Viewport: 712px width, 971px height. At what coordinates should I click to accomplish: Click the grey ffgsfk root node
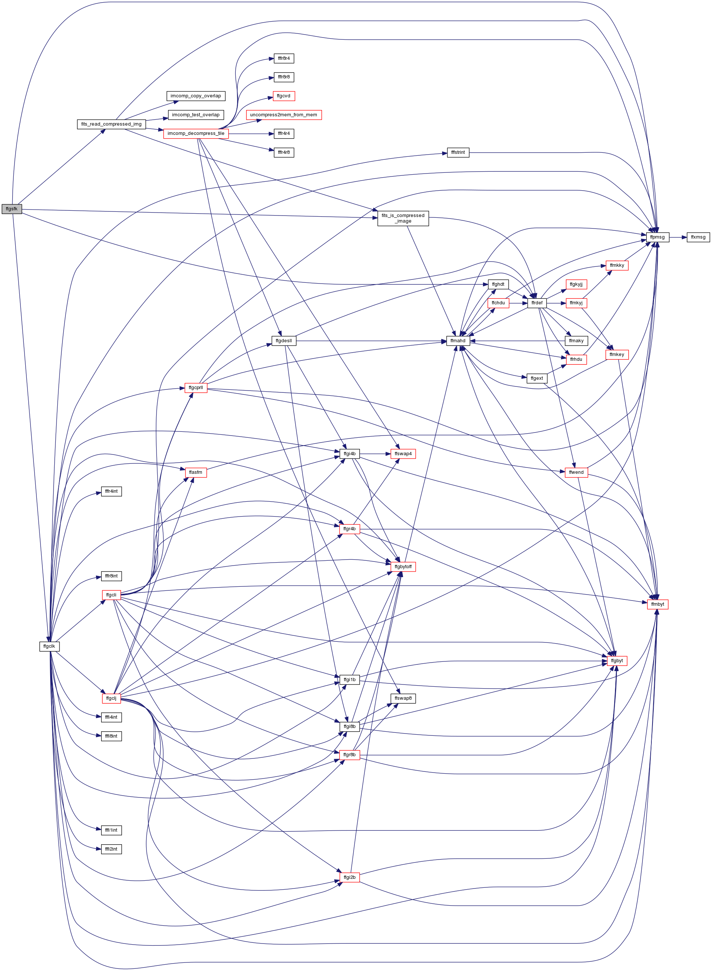[x=12, y=209]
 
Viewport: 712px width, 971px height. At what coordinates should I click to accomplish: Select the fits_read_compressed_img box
[x=111, y=124]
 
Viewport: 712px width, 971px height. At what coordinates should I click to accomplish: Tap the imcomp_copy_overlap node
[x=196, y=96]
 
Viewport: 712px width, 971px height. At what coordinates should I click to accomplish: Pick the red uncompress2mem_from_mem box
[x=284, y=115]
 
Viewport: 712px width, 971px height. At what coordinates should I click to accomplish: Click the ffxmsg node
[x=698, y=237]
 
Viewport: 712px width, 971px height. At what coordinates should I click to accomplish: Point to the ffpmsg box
[x=658, y=237]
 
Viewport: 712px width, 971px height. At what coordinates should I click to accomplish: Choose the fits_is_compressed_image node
[x=403, y=219]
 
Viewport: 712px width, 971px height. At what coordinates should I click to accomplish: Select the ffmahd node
[x=458, y=341]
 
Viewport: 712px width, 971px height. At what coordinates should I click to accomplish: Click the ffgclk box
[x=49, y=646]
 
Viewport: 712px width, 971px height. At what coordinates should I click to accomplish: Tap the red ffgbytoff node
[x=403, y=566]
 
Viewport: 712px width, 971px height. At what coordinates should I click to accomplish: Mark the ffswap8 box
[x=403, y=698]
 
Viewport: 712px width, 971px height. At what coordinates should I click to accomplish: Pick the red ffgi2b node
[x=349, y=877]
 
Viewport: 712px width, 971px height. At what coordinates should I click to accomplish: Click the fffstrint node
[x=458, y=152]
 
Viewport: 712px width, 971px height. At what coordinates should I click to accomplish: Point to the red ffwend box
[x=576, y=473]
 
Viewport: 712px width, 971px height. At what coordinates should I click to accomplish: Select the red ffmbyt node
[x=658, y=604]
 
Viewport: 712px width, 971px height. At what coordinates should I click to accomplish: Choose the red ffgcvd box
[x=284, y=96]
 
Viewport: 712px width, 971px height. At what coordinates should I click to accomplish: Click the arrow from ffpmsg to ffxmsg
[x=678, y=237]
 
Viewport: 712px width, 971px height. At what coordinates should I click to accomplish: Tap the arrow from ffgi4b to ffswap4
[x=375, y=454]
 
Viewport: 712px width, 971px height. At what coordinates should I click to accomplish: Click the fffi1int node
[x=111, y=830]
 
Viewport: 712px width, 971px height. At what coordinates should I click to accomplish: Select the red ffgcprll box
[x=196, y=388]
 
